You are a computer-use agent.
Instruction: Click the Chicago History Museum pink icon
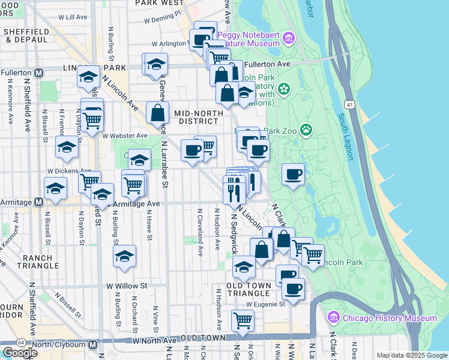(x=334, y=317)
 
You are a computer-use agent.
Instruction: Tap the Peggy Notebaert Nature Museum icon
(x=289, y=39)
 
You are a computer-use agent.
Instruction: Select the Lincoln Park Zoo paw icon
(x=307, y=129)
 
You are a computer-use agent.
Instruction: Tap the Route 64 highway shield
(x=21, y=342)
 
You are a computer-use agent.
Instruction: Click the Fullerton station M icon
(x=39, y=73)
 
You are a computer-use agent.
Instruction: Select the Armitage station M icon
(x=38, y=202)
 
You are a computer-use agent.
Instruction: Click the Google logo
(x=20, y=352)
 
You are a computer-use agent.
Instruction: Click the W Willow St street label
(x=127, y=286)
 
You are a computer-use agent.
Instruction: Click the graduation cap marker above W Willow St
(x=124, y=256)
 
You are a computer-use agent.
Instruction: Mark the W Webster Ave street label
(x=124, y=136)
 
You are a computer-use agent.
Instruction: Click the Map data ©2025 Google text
(x=411, y=355)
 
